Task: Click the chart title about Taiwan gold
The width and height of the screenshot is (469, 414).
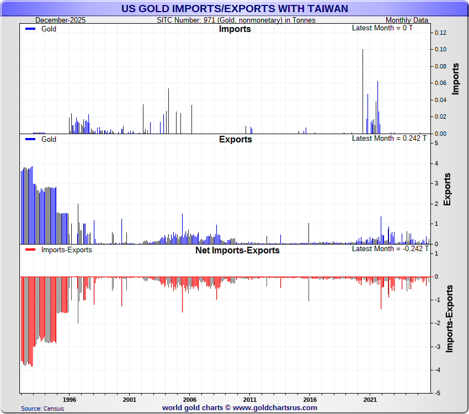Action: (x=234, y=9)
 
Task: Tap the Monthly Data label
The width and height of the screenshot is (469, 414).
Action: (x=407, y=20)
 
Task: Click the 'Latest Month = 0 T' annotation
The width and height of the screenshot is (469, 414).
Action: (x=382, y=28)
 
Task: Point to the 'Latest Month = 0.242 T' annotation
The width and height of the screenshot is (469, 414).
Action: (x=389, y=138)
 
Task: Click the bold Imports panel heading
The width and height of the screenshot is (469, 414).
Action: (x=235, y=29)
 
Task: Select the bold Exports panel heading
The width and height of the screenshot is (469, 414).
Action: (x=235, y=139)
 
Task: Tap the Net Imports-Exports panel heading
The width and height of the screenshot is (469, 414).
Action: (x=237, y=250)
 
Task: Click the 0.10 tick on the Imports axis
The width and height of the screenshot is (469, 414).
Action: (x=439, y=50)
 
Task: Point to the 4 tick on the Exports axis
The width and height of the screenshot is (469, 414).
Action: (x=437, y=163)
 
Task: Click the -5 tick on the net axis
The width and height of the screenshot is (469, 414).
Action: (x=437, y=394)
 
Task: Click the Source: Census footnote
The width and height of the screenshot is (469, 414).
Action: (x=42, y=408)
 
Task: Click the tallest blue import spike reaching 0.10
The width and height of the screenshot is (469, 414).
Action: (x=363, y=88)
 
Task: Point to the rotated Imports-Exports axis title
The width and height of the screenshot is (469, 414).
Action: (x=450, y=319)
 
